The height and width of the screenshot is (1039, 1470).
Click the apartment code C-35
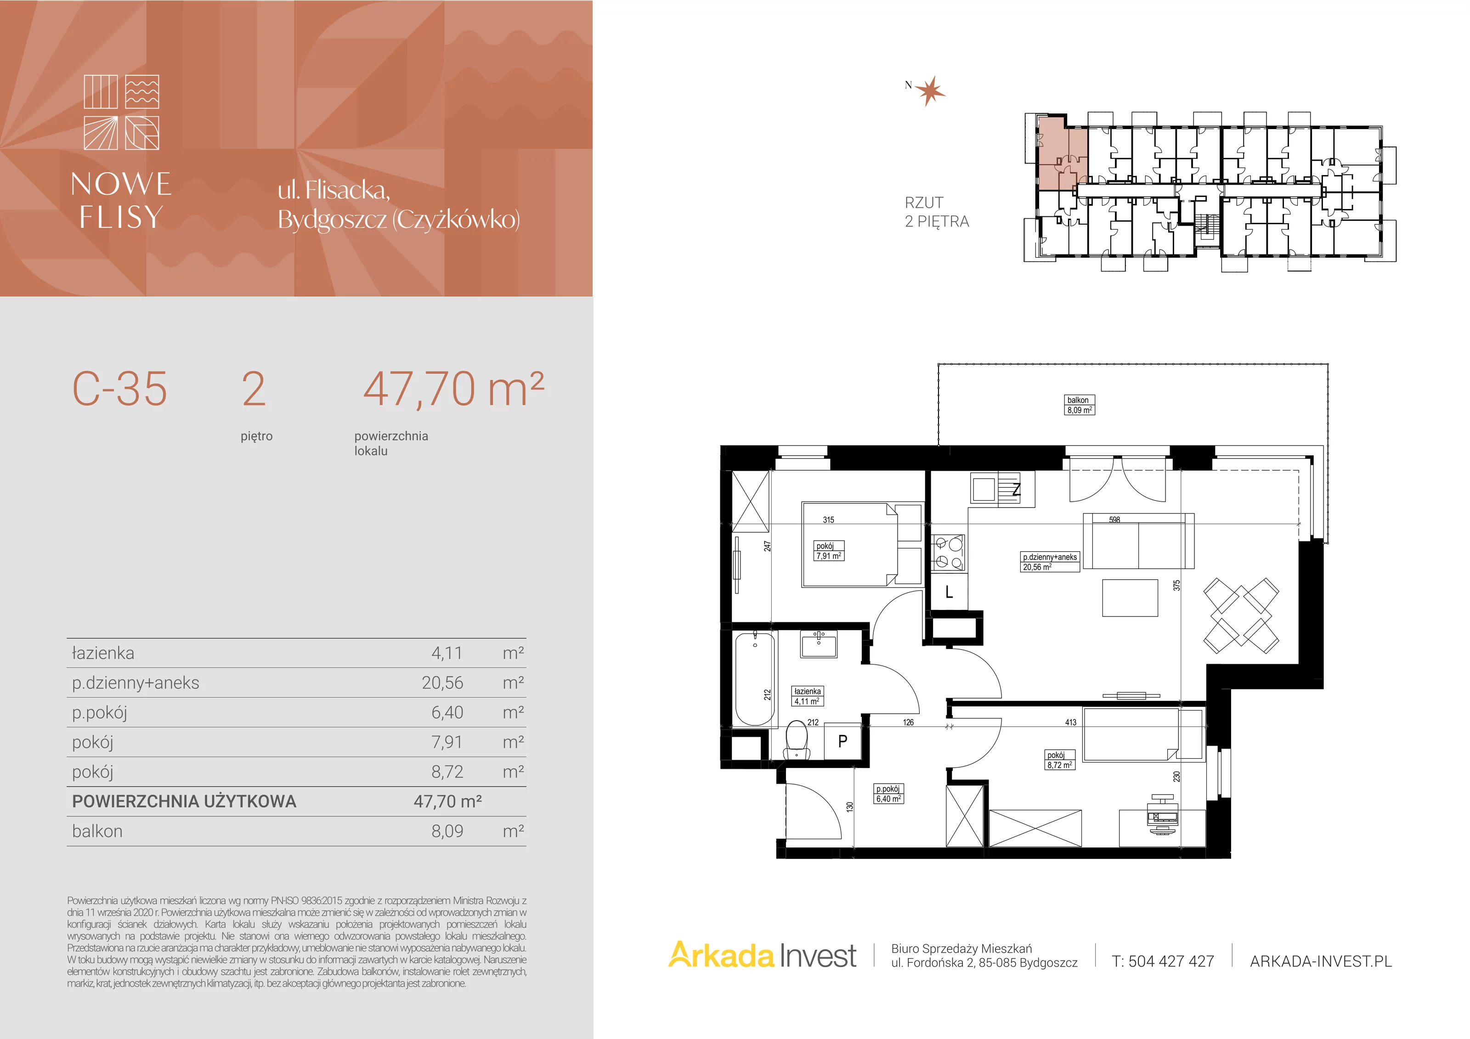pyautogui.click(x=120, y=389)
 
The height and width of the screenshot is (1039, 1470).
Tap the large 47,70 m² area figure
pyautogui.click(x=453, y=389)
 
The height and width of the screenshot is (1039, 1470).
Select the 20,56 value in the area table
pyautogui.click(x=442, y=683)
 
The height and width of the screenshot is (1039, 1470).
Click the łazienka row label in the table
pyautogui.click(x=103, y=653)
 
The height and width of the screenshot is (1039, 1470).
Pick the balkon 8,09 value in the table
pyautogui.click(x=447, y=831)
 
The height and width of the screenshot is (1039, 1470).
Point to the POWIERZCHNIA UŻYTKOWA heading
pyautogui.click(x=184, y=802)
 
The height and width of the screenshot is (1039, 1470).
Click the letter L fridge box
pyautogui.click(x=949, y=592)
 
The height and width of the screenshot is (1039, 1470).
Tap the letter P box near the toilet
pyautogui.click(x=842, y=741)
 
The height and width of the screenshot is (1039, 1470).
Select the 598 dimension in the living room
pyautogui.click(x=1114, y=520)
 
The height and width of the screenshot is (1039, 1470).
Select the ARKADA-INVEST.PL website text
pyautogui.click(x=1321, y=961)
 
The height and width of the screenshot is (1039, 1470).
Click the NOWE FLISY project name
pyautogui.click(x=121, y=200)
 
